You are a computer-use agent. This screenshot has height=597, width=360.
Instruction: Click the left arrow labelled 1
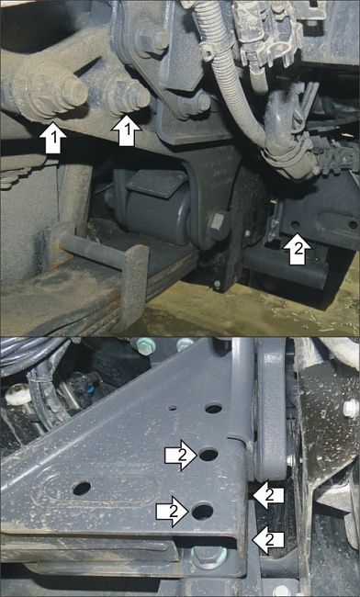click(53, 138)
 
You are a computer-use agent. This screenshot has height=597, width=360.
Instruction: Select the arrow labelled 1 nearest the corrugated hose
click(127, 130)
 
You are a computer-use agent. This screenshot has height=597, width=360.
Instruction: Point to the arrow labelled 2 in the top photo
click(298, 249)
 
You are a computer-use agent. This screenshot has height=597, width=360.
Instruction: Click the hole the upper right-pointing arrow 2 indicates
click(208, 455)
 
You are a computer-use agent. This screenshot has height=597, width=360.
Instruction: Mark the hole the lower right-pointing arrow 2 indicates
click(202, 512)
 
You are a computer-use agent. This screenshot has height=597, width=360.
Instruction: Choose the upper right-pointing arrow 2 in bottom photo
click(181, 456)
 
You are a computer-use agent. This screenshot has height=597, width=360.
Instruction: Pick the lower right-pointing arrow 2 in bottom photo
click(172, 512)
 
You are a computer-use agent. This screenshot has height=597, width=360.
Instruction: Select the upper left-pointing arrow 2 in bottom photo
click(268, 495)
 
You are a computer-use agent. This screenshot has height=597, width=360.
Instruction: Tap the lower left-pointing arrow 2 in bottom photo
click(268, 539)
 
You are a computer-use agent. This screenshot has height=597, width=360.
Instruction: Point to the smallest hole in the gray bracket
click(173, 408)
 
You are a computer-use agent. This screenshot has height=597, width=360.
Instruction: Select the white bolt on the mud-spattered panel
click(350, 408)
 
